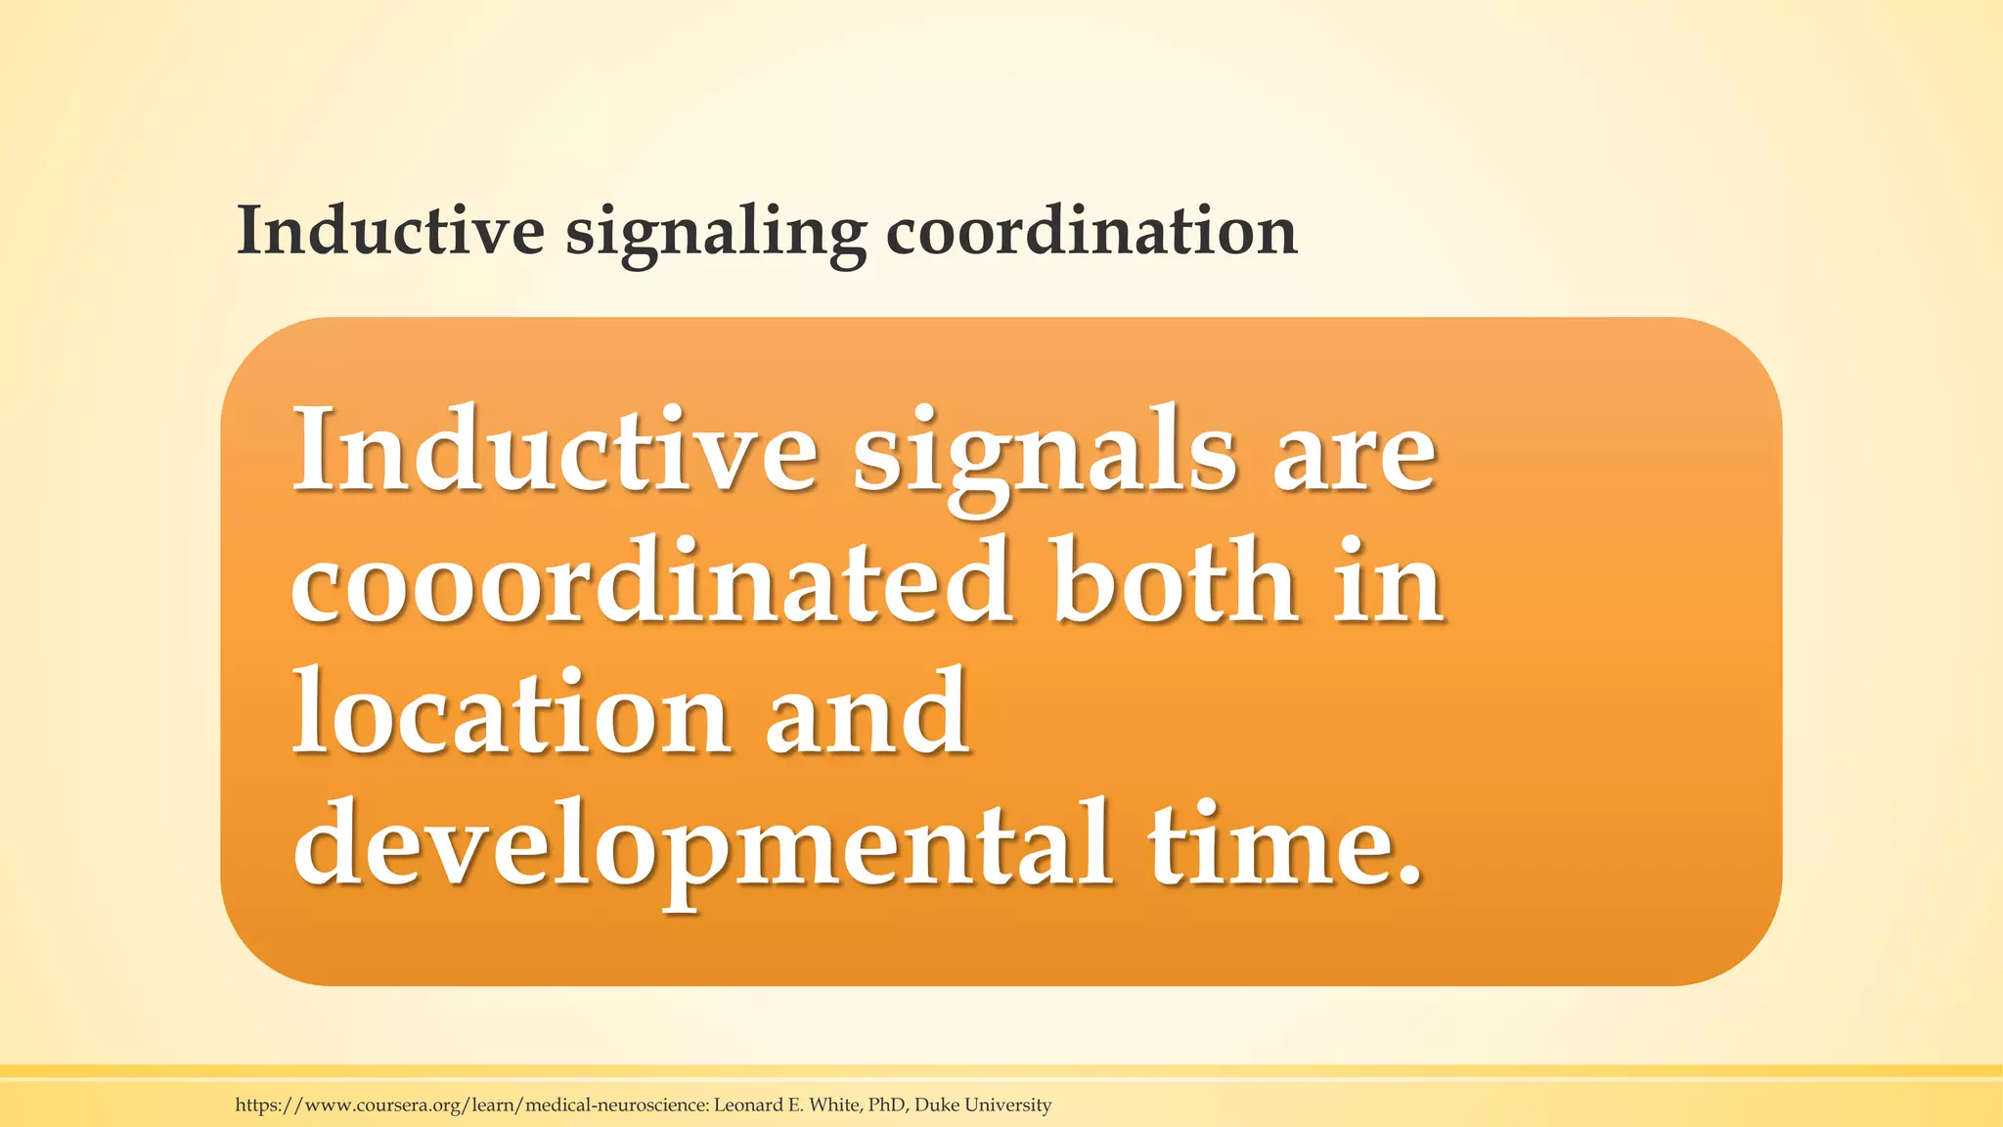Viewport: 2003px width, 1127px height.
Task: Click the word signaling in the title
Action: pyautogui.click(x=715, y=235)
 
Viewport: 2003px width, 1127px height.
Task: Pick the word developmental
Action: pyautogui.click(x=701, y=844)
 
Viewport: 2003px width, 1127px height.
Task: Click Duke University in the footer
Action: pyautogui.click(x=983, y=1105)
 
